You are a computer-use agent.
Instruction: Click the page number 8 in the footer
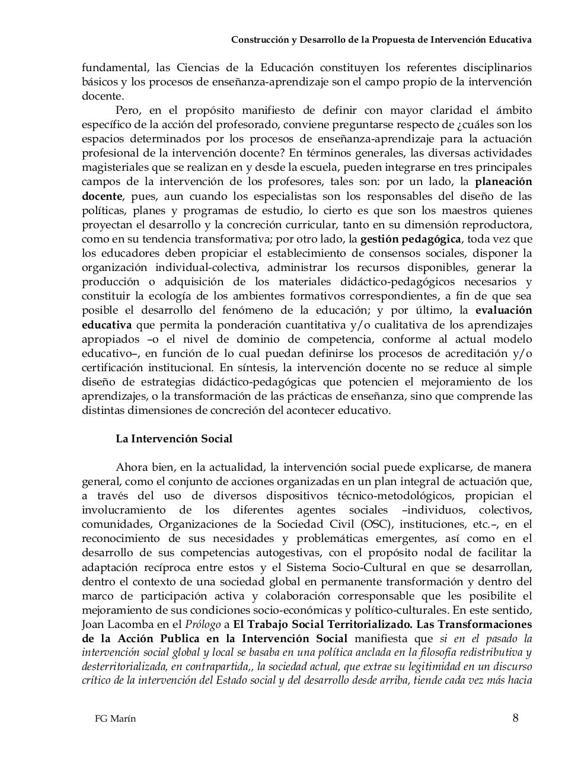click(x=515, y=718)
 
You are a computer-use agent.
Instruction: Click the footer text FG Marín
click(x=116, y=719)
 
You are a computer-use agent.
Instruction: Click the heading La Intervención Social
click(x=174, y=439)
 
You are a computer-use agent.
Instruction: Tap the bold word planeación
click(x=503, y=181)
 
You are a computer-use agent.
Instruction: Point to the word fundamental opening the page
click(x=114, y=67)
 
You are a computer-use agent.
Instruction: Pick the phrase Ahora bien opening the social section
click(x=142, y=467)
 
